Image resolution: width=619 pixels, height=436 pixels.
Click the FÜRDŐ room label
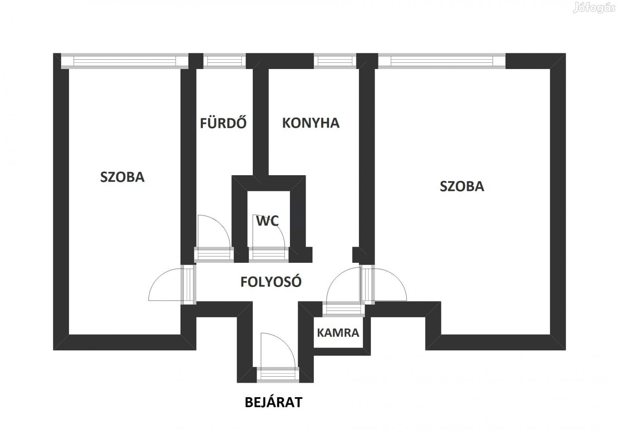pyautogui.click(x=223, y=123)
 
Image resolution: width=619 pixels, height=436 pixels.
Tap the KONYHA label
pyautogui.click(x=310, y=123)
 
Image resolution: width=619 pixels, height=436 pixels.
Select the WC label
pyautogui.click(x=267, y=221)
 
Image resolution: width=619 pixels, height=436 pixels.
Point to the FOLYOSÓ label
pyautogui.click(x=271, y=282)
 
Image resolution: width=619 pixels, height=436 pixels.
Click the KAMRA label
pyautogui.click(x=338, y=333)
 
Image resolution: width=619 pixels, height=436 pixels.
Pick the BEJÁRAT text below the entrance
pyautogui.click(x=273, y=402)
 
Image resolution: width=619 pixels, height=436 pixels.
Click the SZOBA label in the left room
pyautogui.click(x=122, y=177)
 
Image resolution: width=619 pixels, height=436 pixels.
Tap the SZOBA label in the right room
pyautogui.click(x=462, y=186)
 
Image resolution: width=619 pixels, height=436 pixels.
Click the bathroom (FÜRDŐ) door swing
pyautogui.click(x=213, y=232)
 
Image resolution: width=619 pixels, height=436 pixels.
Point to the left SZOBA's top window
pyautogui.click(x=124, y=61)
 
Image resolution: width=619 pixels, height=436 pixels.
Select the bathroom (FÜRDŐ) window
pyautogui.click(x=224, y=61)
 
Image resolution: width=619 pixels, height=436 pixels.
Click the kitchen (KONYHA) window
pyautogui.click(x=335, y=61)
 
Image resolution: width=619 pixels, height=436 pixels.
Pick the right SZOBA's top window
pyautogui.click(x=441, y=61)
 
